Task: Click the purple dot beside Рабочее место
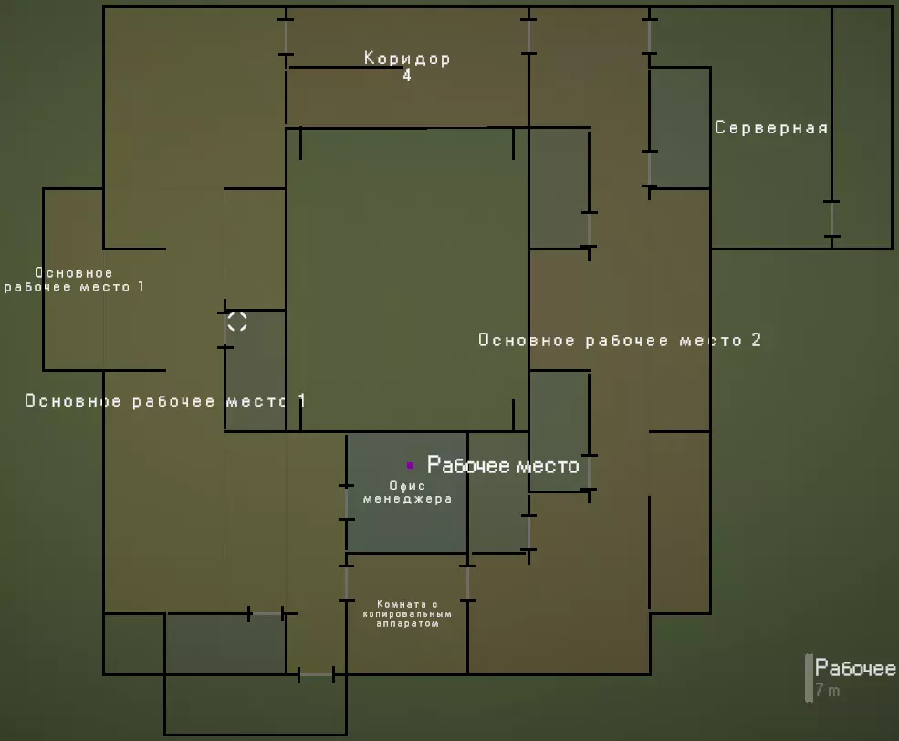(x=410, y=465)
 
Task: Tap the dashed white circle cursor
(x=236, y=322)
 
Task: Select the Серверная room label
(x=771, y=127)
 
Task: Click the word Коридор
(x=407, y=58)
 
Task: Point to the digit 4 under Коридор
(x=407, y=75)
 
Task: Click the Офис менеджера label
(x=407, y=492)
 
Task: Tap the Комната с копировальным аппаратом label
(x=407, y=614)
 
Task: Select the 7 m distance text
(x=827, y=690)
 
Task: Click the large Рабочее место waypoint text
(x=503, y=465)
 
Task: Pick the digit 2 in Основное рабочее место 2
(x=757, y=340)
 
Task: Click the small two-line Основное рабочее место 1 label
(x=74, y=280)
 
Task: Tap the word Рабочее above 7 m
(x=855, y=668)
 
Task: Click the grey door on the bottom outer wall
(x=317, y=674)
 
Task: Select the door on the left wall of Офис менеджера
(x=346, y=503)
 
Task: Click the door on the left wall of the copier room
(x=346, y=583)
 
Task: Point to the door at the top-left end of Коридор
(x=286, y=37)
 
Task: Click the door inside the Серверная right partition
(x=832, y=218)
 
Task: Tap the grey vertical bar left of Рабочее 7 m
(x=809, y=678)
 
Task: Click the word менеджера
(x=407, y=499)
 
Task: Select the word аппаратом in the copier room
(x=407, y=624)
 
